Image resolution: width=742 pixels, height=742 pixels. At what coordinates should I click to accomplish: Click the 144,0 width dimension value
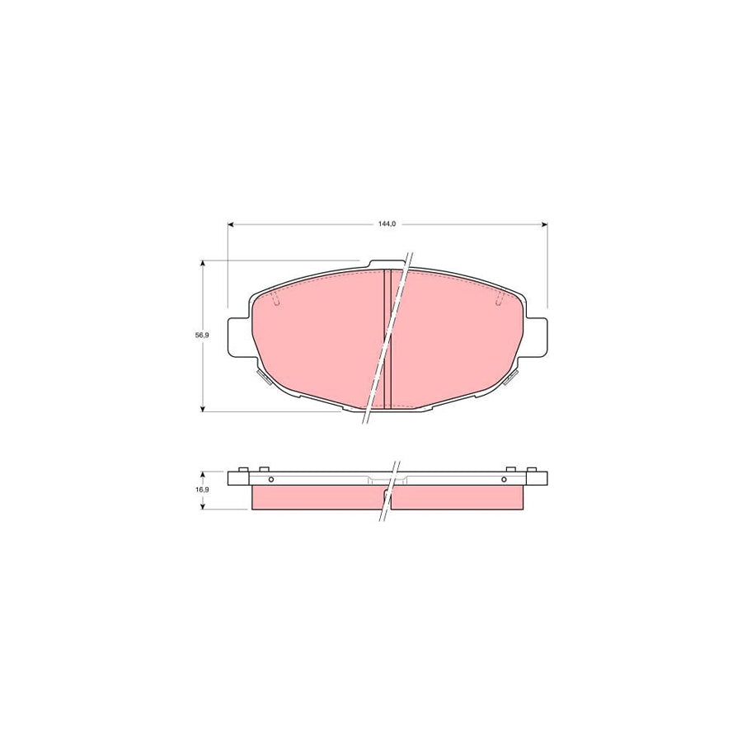387,223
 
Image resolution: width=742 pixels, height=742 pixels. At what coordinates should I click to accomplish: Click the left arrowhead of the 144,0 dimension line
232,223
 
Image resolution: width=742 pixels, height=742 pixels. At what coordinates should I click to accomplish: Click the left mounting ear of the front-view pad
237,337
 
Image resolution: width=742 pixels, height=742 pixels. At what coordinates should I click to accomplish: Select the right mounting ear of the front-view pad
538,337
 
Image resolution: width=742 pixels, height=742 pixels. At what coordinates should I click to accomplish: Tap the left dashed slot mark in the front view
276,301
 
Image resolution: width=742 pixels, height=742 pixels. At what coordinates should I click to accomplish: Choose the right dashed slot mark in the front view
498,301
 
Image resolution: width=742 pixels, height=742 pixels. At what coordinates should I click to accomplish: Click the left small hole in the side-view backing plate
270,480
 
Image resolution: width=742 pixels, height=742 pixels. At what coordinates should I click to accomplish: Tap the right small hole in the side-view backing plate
504,480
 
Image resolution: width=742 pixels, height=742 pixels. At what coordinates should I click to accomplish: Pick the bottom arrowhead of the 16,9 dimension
202,505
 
